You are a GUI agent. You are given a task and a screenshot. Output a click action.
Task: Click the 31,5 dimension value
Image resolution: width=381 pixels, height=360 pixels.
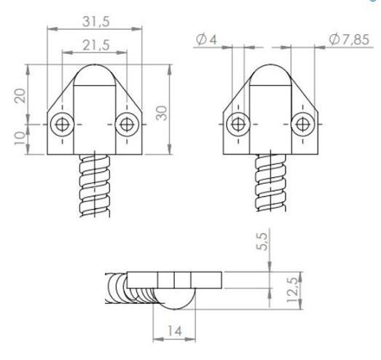[96, 22]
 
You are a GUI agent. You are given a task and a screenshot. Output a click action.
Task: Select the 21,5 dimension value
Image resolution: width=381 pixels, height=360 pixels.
[96, 45]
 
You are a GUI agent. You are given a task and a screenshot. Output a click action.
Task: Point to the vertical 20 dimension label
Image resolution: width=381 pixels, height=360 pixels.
[20, 95]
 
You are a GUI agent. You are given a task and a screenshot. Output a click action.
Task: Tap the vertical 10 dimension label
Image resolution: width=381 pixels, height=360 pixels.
[20, 138]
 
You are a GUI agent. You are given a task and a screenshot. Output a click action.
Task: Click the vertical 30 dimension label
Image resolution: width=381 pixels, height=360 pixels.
[162, 113]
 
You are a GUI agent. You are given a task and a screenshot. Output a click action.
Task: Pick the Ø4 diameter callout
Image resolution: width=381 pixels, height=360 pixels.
[206, 39]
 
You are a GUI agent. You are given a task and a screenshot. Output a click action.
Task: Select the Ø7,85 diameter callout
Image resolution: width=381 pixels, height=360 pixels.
[349, 39]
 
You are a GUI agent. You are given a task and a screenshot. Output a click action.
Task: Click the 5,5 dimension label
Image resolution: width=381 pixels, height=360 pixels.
[262, 241]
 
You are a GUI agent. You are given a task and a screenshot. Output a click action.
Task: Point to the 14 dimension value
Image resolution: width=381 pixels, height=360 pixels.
[175, 331]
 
